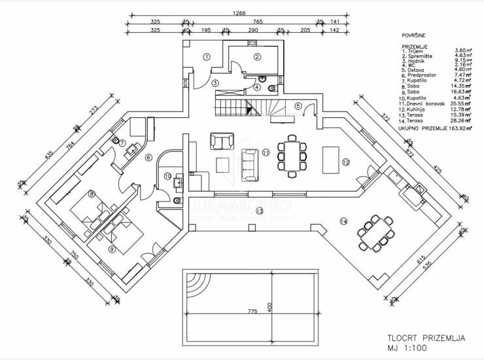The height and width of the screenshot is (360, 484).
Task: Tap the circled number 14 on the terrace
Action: (x=343, y=221)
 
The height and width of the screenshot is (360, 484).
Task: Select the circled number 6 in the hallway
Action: (x=148, y=157)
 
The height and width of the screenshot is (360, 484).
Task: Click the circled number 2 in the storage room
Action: (x=258, y=57)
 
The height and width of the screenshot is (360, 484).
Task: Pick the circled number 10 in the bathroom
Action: (x=167, y=175)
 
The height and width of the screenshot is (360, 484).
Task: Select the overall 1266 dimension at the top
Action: (x=233, y=9)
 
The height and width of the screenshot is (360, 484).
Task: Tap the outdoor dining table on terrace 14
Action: (x=376, y=232)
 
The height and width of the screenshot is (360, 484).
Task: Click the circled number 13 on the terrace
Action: (x=259, y=211)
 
